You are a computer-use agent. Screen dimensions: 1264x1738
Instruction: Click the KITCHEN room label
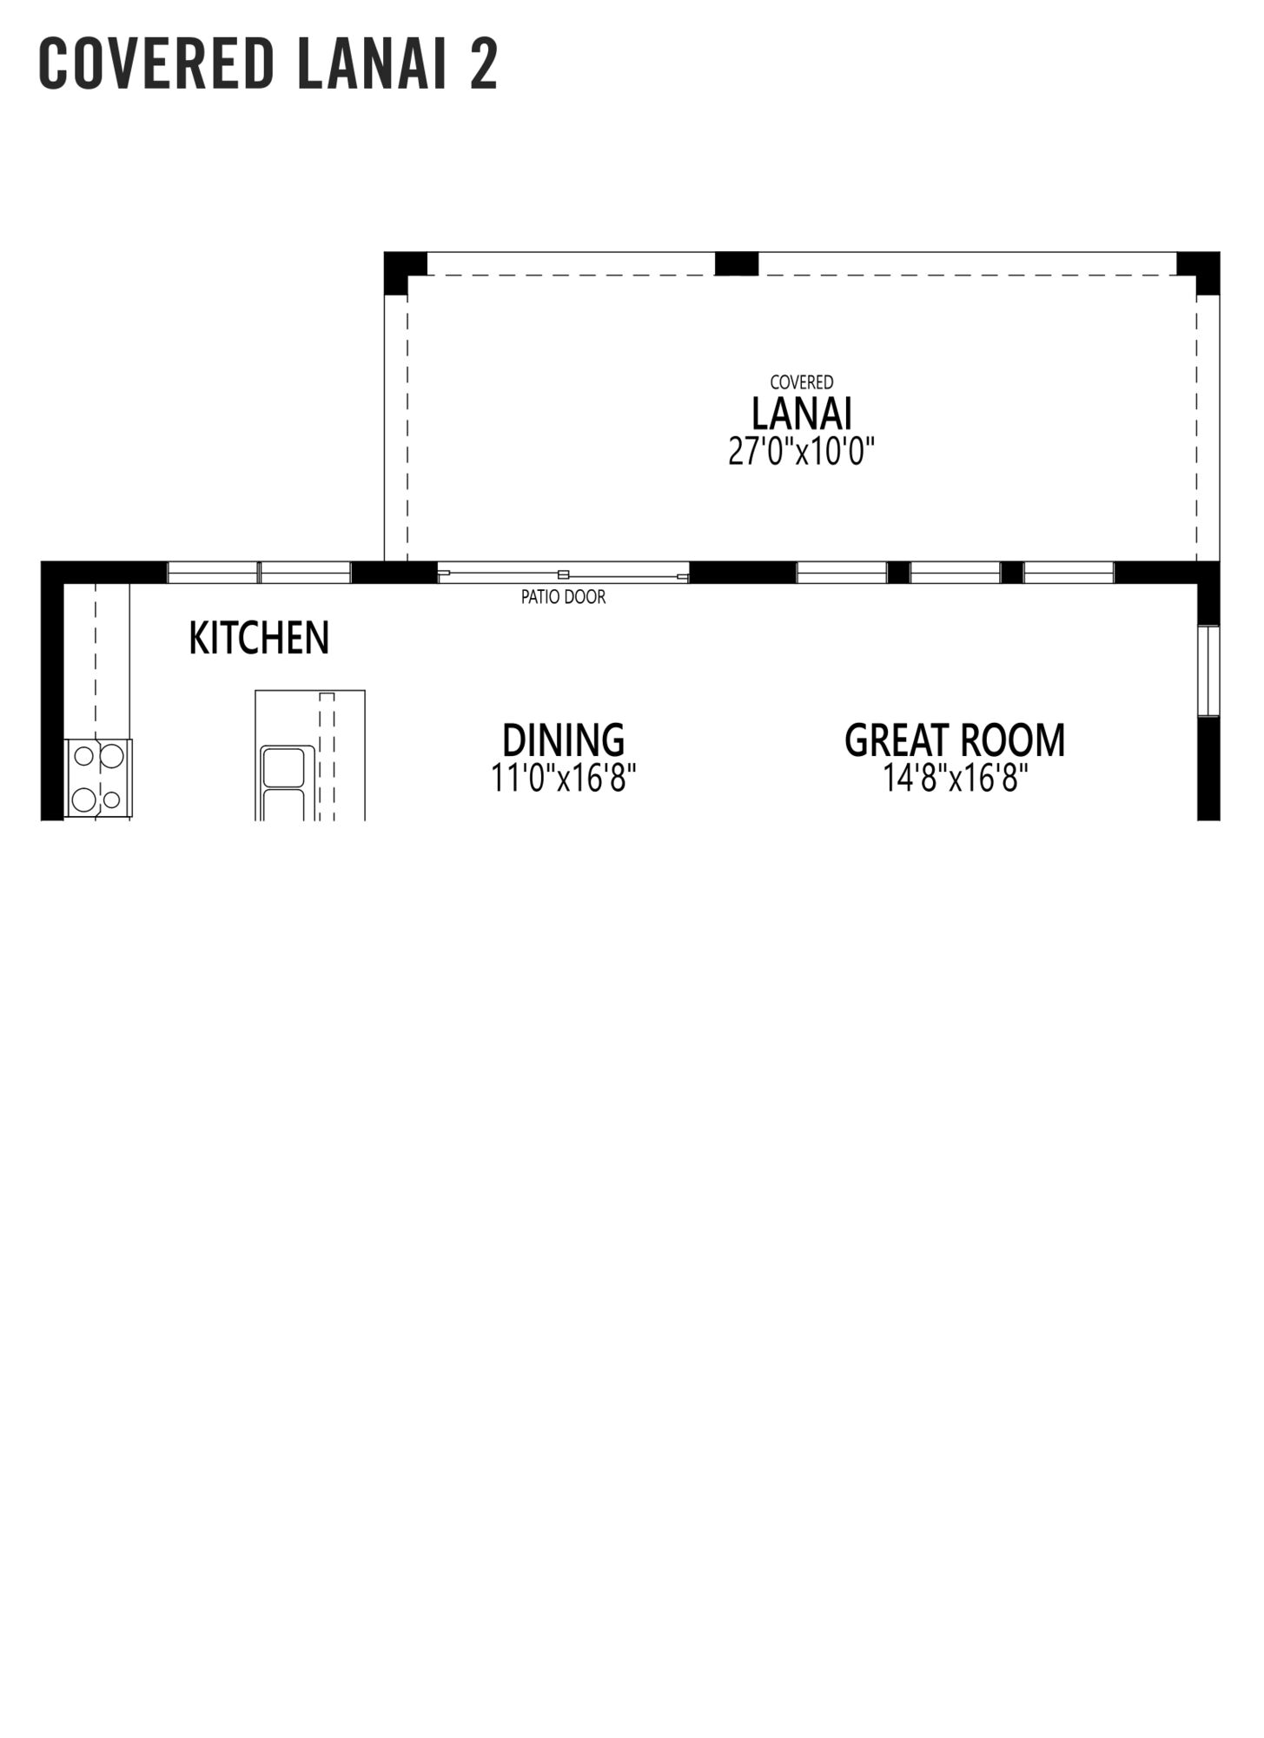259,638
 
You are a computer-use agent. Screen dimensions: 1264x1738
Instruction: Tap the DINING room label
563,740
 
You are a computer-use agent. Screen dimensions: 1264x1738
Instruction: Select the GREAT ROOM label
955,740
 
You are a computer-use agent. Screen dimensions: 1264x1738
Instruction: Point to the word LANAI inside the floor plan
801,414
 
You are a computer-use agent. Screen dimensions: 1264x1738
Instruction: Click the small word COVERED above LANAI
802,381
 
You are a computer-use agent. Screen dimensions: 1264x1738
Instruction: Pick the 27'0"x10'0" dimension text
801,452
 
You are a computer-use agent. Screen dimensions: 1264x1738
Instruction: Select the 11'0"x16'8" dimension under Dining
564,778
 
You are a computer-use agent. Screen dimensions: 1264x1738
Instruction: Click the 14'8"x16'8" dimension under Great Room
956,778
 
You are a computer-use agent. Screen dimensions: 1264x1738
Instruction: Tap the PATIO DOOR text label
563,597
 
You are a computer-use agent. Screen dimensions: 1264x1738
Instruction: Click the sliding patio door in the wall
563,573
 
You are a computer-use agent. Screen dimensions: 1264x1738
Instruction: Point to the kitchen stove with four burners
98,779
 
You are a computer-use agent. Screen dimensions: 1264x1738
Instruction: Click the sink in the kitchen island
284,782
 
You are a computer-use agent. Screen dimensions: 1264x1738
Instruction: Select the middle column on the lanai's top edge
737,263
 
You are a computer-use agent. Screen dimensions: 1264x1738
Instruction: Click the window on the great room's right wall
1208,670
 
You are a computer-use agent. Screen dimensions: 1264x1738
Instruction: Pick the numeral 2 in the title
484,64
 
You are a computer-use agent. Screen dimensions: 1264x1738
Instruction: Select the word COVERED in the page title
156,64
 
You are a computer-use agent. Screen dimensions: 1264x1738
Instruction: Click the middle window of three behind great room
955,573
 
